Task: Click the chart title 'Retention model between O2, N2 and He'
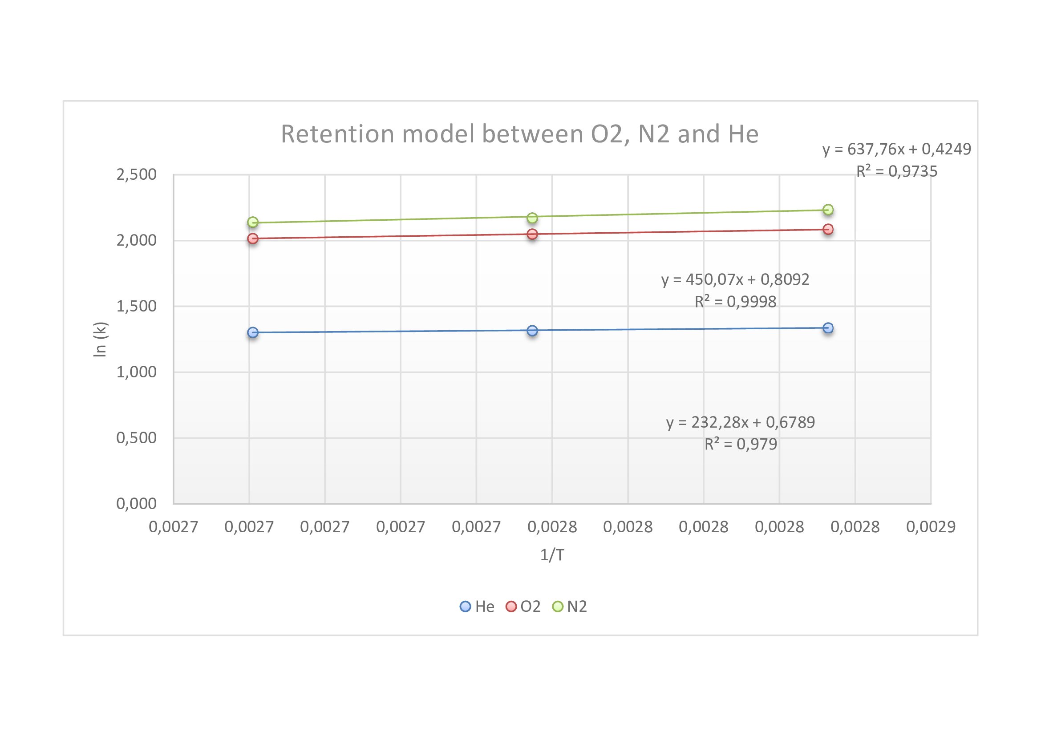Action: click(519, 134)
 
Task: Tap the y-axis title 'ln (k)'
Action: click(100, 340)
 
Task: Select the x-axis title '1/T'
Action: click(552, 555)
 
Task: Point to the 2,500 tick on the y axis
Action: click(137, 174)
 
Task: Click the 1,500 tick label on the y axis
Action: click(137, 306)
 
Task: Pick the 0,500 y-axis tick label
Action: click(137, 438)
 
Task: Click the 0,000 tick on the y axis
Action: click(137, 504)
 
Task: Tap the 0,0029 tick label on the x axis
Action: click(931, 527)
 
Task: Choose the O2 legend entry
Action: click(523, 607)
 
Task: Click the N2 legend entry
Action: click(570, 607)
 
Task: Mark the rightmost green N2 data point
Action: click(828, 210)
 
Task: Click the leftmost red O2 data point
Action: click(252, 239)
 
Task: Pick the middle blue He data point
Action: click(532, 330)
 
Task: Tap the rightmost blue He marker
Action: click(828, 328)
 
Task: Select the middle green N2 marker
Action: click(532, 218)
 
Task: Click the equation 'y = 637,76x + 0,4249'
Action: click(897, 149)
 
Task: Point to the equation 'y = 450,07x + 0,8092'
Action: click(735, 279)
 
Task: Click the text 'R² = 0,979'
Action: click(741, 444)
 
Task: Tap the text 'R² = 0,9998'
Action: click(735, 302)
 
